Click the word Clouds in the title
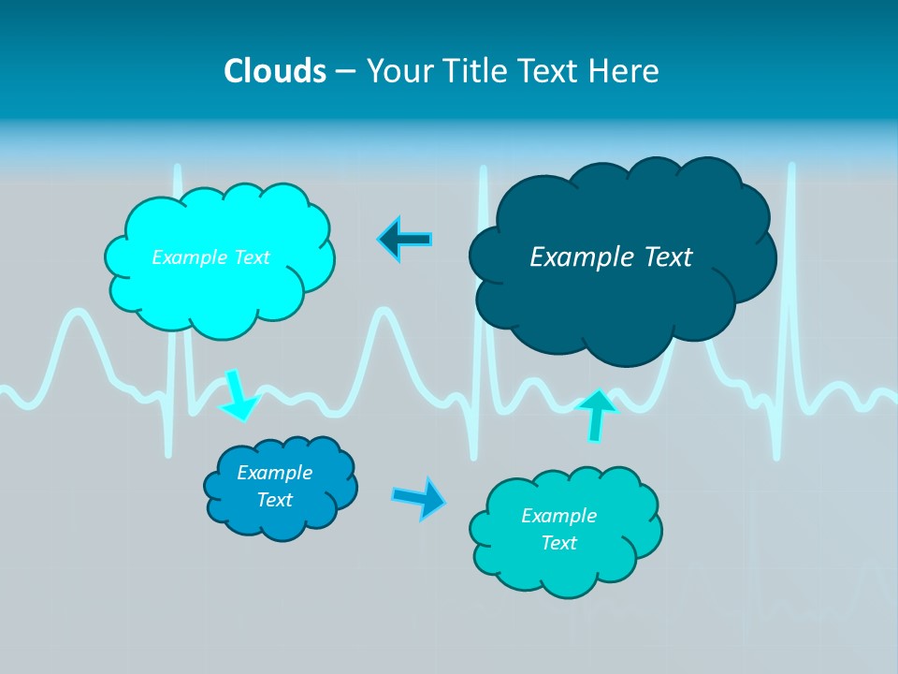click(275, 70)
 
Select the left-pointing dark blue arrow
click(404, 241)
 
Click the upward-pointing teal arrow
click(596, 415)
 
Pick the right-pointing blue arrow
click(419, 497)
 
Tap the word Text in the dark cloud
click(668, 256)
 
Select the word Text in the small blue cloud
click(275, 500)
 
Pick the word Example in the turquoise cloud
click(558, 516)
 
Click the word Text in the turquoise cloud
click(558, 543)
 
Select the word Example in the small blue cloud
click(275, 473)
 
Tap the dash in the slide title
click(345, 70)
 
